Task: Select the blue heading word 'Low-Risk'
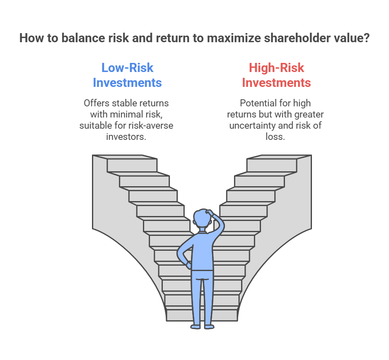tap(127, 67)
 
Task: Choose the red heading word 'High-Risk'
tap(276, 67)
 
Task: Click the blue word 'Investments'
tap(127, 82)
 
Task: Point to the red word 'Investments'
tap(276, 82)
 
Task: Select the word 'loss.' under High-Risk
tap(275, 137)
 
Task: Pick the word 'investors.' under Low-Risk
tap(126, 137)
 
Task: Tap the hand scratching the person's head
tap(209, 213)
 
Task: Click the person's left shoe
tap(196, 327)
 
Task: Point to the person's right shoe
tap(209, 327)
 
